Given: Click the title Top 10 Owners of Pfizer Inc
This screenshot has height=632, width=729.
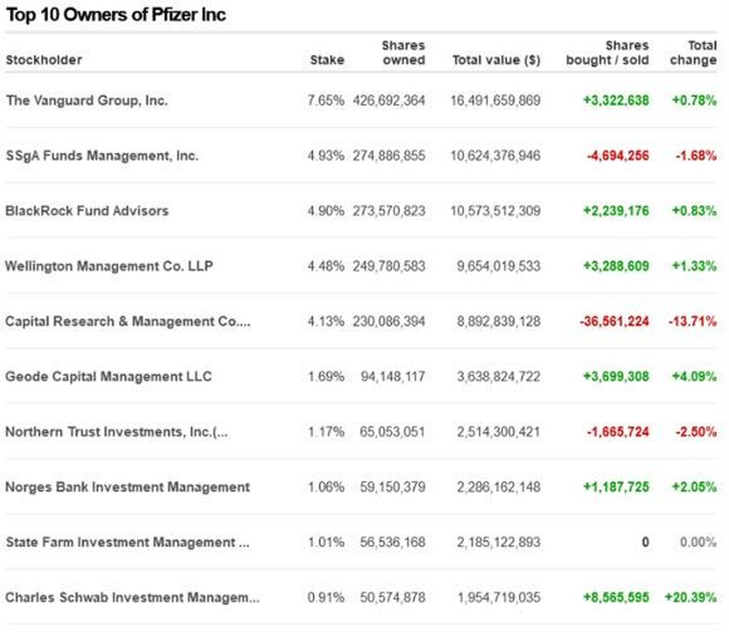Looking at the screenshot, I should pyautogui.click(x=116, y=15).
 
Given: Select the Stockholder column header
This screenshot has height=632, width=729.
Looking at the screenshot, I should pyautogui.click(x=43, y=60).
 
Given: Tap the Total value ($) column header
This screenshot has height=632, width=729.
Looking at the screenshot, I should pyautogui.click(x=496, y=60).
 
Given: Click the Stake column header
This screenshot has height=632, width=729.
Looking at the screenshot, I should pyautogui.click(x=327, y=60).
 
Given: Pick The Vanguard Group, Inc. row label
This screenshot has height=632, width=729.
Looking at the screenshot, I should pyautogui.click(x=87, y=100).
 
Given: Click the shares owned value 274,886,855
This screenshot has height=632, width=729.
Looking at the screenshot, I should pyautogui.click(x=389, y=156).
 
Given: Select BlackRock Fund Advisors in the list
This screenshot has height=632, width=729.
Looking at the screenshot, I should pyautogui.click(x=87, y=211).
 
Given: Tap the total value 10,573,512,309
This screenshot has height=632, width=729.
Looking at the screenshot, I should pyautogui.click(x=495, y=211).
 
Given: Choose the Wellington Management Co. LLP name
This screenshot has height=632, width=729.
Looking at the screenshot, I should pyautogui.click(x=109, y=266).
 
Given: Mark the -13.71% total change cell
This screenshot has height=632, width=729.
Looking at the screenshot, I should pyautogui.click(x=692, y=322).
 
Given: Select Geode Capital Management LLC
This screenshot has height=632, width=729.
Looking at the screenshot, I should pyautogui.click(x=108, y=376).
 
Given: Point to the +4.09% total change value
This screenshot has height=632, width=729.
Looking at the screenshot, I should pyautogui.click(x=694, y=376).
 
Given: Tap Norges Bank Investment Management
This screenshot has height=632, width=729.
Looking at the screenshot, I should pyautogui.click(x=127, y=487).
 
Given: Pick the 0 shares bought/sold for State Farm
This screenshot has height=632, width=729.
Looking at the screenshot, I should pyautogui.click(x=645, y=542).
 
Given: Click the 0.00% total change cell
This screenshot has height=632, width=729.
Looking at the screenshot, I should pyautogui.click(x=698, y=542).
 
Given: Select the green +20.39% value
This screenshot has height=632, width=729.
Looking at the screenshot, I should pyautogui.click(x=691, y=598).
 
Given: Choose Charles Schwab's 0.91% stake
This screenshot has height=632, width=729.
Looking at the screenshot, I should pyautogui.click(x=325, y=598).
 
